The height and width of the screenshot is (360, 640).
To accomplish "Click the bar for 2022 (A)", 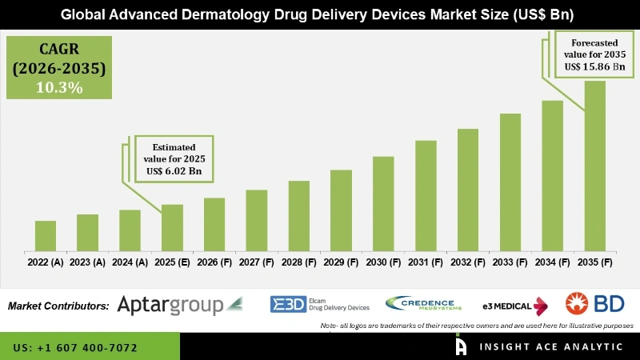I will point(46,235).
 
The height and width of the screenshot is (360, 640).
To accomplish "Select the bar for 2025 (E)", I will point(172,227).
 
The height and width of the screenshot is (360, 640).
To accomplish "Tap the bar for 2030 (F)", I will point(383,203).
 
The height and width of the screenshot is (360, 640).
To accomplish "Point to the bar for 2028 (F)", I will point(298,215).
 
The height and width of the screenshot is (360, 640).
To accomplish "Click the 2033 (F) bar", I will point(510,182).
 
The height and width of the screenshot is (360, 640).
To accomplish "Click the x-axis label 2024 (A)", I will point(130,262).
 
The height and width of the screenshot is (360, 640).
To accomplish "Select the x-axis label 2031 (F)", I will point(426,262).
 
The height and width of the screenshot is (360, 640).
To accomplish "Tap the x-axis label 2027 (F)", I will point(256,262).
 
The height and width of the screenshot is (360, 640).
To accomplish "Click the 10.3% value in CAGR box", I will point(59,88).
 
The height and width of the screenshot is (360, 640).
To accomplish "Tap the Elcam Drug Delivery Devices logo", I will point(320,304).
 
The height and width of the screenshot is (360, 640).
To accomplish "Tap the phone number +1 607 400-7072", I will point(75,348).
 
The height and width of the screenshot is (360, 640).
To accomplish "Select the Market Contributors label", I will point(58,306).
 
